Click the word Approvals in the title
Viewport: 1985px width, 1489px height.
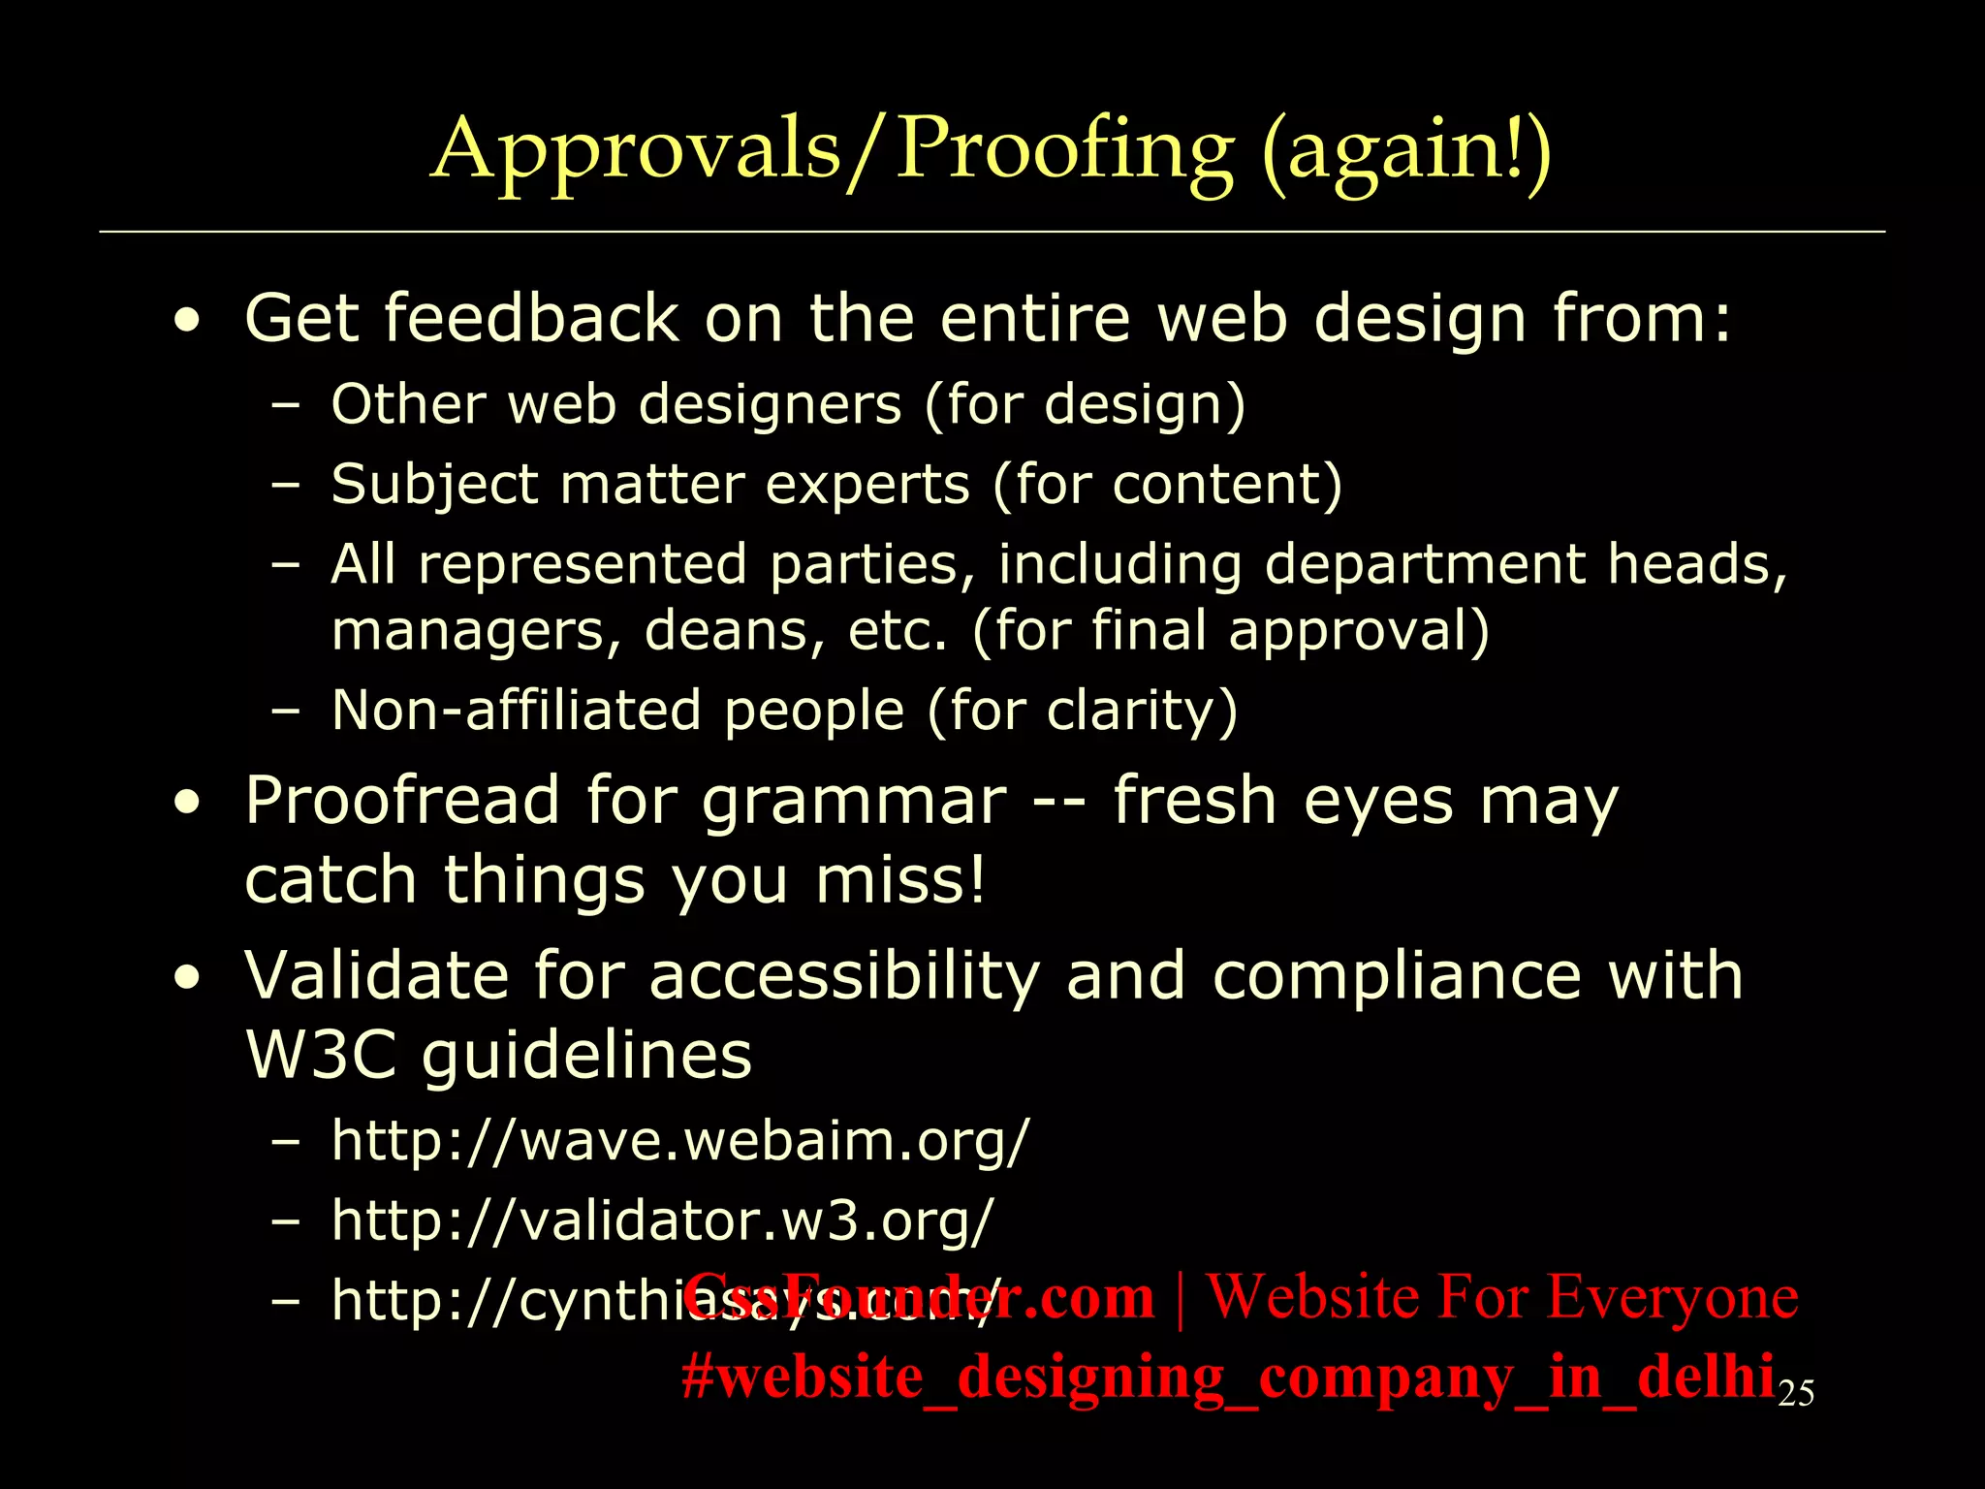tap(635, 151)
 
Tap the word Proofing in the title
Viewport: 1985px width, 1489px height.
tap(1064, 151)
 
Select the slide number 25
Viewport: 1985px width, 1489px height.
tap(1796, 1393)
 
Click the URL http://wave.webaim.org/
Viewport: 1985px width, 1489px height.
tap(678, 1140)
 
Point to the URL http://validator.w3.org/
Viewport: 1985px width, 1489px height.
tap(662, 1220)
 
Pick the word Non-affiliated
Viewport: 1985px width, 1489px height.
tap(516, 710)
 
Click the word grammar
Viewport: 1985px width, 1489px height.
tap(853, 803)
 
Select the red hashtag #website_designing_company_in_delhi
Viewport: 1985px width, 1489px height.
tap(1227, 1377)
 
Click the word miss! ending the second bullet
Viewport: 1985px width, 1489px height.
tap(898, 880)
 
